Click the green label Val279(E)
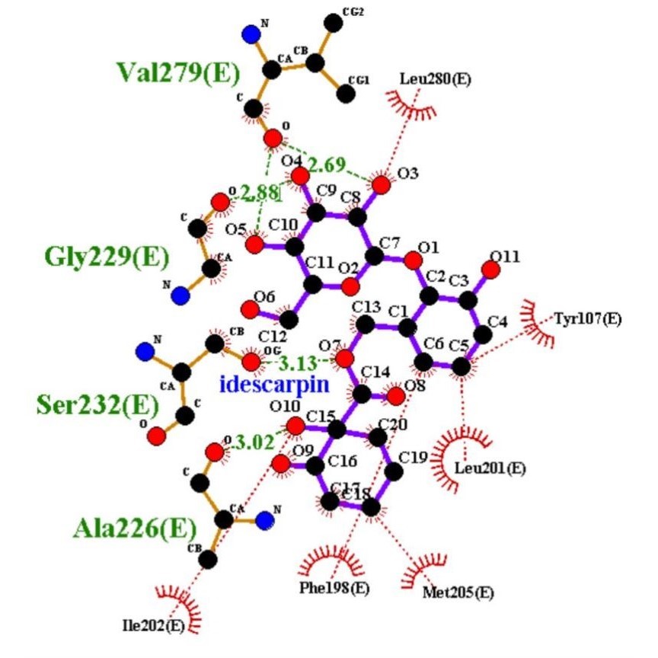[x=177, y=72]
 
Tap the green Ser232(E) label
[x=91, y=404]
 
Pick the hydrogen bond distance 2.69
[x=326, y=164]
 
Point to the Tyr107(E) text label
[x=587, y=318]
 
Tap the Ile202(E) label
[x=155, y=626]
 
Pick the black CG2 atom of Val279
[x=332, y=22]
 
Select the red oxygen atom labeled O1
[x=413, y=261]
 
